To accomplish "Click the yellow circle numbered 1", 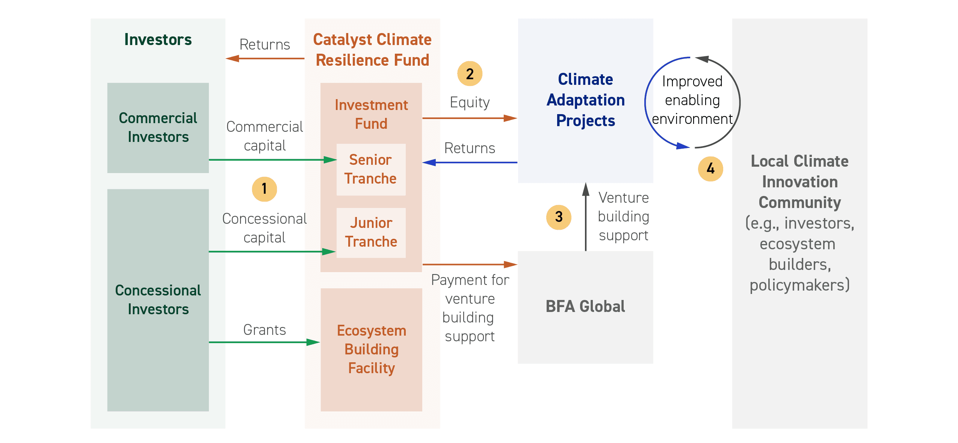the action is click(264, 189).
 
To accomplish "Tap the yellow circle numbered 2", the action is click(470, 74).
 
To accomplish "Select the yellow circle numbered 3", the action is click(559, 217).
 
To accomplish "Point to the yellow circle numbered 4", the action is click(710, 169).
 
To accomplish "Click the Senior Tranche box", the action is click(371, 169).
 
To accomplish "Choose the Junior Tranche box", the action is click(371, 233).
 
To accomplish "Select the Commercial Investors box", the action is click(158, 128).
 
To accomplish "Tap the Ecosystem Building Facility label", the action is click(372, 349).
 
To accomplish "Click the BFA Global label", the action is click(585, 306).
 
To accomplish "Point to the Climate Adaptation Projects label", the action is click(585, 100).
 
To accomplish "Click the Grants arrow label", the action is click(264, 330).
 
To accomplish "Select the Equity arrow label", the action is click(470, 102).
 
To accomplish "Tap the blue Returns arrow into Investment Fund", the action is click(470, 163).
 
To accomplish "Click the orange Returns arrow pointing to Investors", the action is click(265, 58).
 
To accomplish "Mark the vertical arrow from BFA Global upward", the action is click(585, 217).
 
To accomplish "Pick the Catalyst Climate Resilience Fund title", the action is click(372, 50).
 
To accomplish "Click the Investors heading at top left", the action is click(158, 39).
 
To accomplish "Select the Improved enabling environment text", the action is click(692, 100).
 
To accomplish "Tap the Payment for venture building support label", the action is click(470, 308).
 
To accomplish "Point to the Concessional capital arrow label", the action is click(264, 228).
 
